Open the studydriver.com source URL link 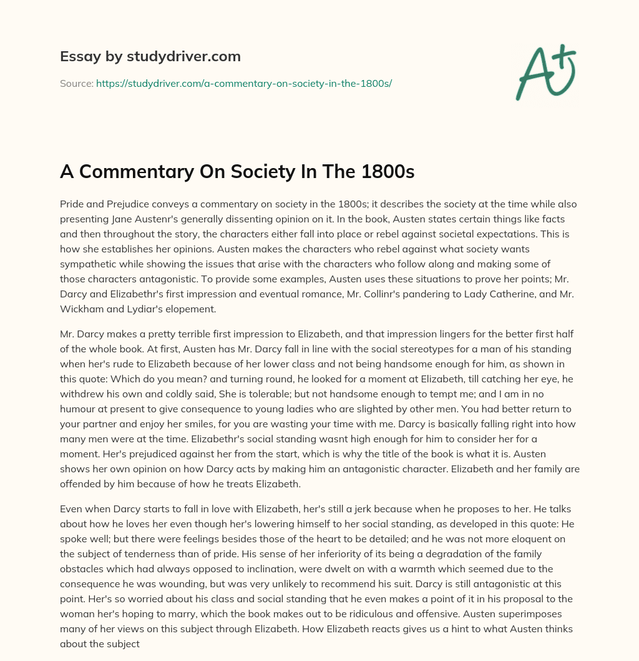[243, 83]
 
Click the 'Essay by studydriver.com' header [150, 56]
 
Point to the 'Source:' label [77, 83]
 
